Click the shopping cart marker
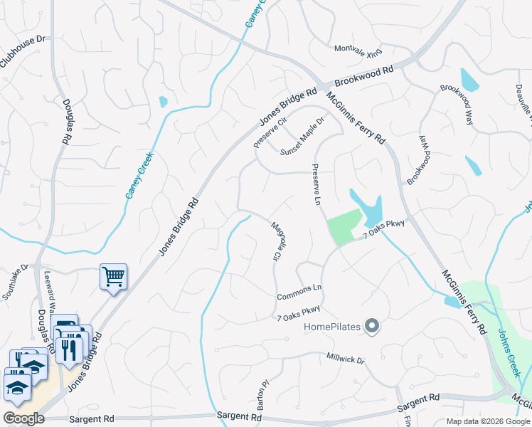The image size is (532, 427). point(113,276)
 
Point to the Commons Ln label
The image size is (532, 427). point(299,292)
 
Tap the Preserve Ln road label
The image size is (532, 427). point(315,186)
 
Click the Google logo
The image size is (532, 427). point(23,418)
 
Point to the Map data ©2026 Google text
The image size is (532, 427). point(487,421)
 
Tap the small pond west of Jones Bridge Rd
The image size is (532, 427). point(163,102)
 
